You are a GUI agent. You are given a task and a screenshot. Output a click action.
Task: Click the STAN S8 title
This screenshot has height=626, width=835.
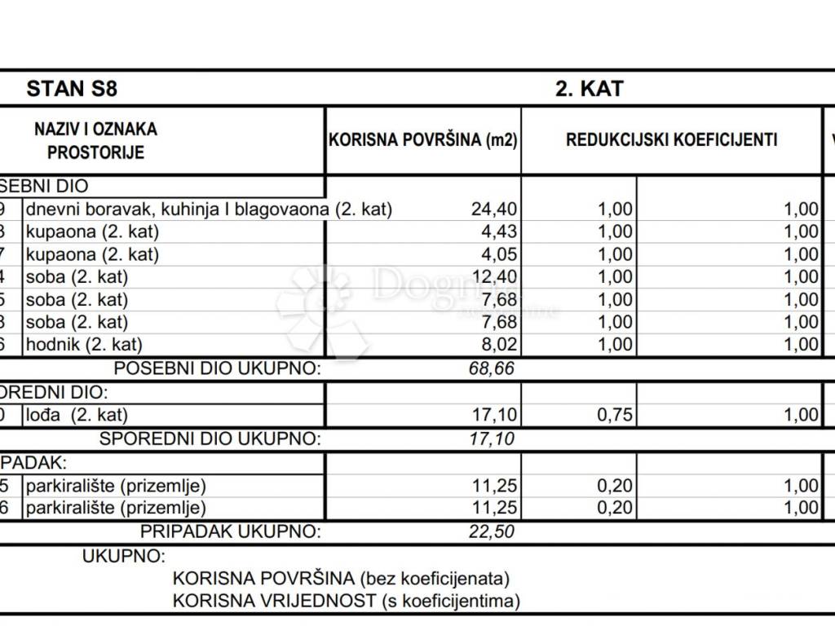72,88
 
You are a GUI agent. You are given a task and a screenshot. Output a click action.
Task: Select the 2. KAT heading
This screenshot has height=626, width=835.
589,88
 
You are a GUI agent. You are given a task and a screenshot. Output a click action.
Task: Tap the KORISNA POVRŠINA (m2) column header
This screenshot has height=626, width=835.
423,139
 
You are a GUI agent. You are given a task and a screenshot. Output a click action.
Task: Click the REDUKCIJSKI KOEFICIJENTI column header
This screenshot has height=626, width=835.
671,139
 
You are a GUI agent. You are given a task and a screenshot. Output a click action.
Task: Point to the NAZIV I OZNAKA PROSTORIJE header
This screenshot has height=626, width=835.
95,140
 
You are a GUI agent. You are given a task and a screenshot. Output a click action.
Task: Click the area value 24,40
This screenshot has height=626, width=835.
493,209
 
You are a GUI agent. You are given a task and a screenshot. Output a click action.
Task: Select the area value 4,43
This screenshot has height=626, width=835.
499,232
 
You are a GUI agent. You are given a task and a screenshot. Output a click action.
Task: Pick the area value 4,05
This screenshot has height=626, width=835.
499,254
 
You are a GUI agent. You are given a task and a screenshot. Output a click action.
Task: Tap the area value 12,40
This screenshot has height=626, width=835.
493,277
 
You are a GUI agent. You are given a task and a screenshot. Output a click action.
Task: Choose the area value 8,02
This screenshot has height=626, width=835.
499,345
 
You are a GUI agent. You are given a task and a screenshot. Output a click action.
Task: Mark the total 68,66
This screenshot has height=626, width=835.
492,368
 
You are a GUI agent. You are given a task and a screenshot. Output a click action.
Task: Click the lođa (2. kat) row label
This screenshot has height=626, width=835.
77,415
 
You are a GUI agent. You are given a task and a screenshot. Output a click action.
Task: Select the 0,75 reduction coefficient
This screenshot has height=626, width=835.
615,415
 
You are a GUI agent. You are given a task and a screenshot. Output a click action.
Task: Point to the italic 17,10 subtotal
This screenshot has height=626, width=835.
492,439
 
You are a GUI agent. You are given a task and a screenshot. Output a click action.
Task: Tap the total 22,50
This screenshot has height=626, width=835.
492,532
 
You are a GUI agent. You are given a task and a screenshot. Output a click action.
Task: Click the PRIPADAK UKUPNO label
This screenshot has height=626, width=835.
231,532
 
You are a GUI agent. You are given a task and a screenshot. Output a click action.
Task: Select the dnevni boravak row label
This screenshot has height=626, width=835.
209,209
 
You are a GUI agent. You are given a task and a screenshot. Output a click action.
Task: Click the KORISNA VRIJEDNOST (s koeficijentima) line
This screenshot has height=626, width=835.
347,602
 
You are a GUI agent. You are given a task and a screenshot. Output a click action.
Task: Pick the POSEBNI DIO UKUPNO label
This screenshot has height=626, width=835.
217,368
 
